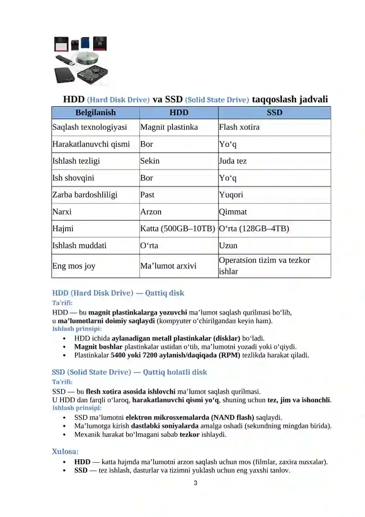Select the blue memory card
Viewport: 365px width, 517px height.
(x=85, y=43)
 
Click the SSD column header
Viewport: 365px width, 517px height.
(x=274, y=112)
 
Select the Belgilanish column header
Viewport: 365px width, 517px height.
(x=95, y=112)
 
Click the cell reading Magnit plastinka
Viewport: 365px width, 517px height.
(x=169, y=127)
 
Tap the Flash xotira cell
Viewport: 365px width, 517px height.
(x=239, y=127)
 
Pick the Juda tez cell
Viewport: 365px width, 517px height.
(x=233, y=161)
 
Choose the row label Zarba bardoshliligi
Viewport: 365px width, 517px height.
(x=85, y=195)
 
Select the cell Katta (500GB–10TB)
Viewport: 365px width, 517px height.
(x=177, y=229)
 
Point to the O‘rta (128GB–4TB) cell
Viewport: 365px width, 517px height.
(x=254, y=229)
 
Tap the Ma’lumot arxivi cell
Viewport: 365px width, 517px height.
(x=168, y=266)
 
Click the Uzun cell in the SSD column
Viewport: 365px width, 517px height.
(x=228, y=245)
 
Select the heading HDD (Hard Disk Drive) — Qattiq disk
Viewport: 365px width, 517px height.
(x=118, y=293)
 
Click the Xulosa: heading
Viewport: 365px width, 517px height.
(x=65, y=451)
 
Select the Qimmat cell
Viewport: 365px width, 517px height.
(x=233, y=212)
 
